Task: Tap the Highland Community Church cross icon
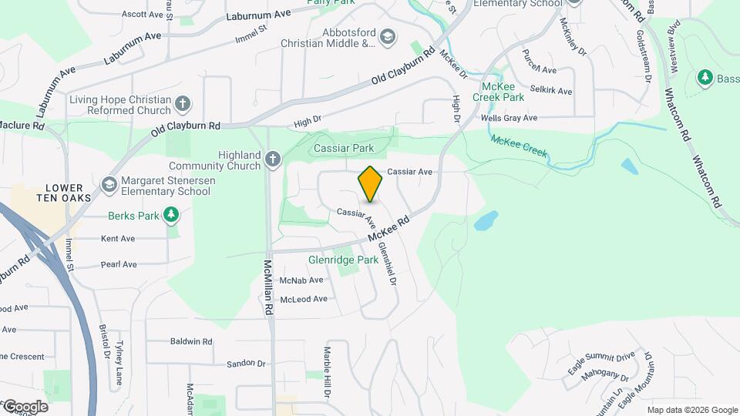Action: pyautogui.click(x=272, y=159)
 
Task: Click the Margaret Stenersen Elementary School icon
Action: pyautogui.click(x=109, y=185)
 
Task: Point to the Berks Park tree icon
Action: pyautogui.click(x=171, y=215)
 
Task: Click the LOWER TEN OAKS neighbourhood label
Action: pyautogui.click(x=69, y=193)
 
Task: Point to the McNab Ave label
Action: pyautogui.click(x=301, y=280)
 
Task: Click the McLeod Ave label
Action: pyautogui.click(x=303, y=299)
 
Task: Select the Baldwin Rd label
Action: pyautogui.click(x=191, y=341)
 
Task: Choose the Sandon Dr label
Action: pyautogui.click(x=246, y=364)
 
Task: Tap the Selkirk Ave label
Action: pyautogui.click(x=553, y=91)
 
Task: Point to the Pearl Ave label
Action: pyautogui.click(x=119, y=264)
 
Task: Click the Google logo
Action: pyautogui.click(x=25, y=407)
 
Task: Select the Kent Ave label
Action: pyautogui.click(x=118, y=239)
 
